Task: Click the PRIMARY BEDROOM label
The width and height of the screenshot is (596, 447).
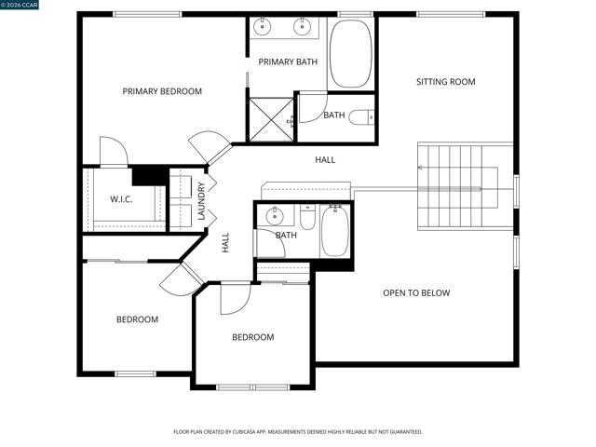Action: [x=162, y=91]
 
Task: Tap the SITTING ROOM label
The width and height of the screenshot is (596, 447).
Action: [x=445, y=82]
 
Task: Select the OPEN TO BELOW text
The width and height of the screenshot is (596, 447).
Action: [x=416, y=293]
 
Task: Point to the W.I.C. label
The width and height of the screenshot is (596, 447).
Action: [x=122, y=198]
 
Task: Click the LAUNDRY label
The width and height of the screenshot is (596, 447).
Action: [x=201, y=200]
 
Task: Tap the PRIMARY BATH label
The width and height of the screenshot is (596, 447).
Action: [x=288, y=62]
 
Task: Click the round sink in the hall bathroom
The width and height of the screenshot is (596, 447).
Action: [x=274, y=217]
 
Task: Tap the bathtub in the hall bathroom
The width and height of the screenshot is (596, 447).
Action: [x=335, y=231]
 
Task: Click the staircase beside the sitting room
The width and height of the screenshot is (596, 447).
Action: [x=464, y=186]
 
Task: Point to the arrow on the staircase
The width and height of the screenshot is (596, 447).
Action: [x=422, y=169]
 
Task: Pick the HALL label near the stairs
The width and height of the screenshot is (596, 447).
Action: [x=325, y=160]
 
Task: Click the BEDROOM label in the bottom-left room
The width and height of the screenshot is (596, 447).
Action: [x=137, y=319]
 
